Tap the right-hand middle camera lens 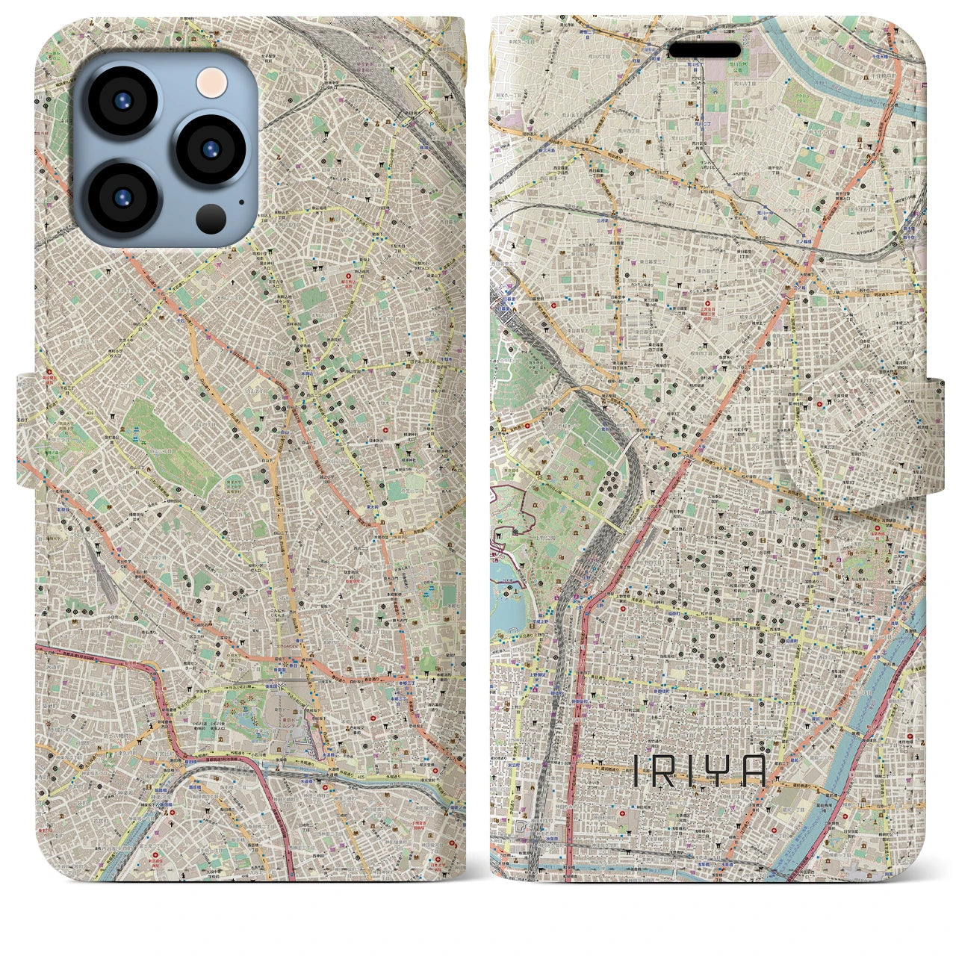tap(208, 148)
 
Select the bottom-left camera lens tap(122, 196)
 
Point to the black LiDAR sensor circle tap(211, 217)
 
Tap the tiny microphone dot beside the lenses tap(240, 201)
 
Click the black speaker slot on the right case tap(704, 50)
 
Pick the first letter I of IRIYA tap(636, 769)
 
